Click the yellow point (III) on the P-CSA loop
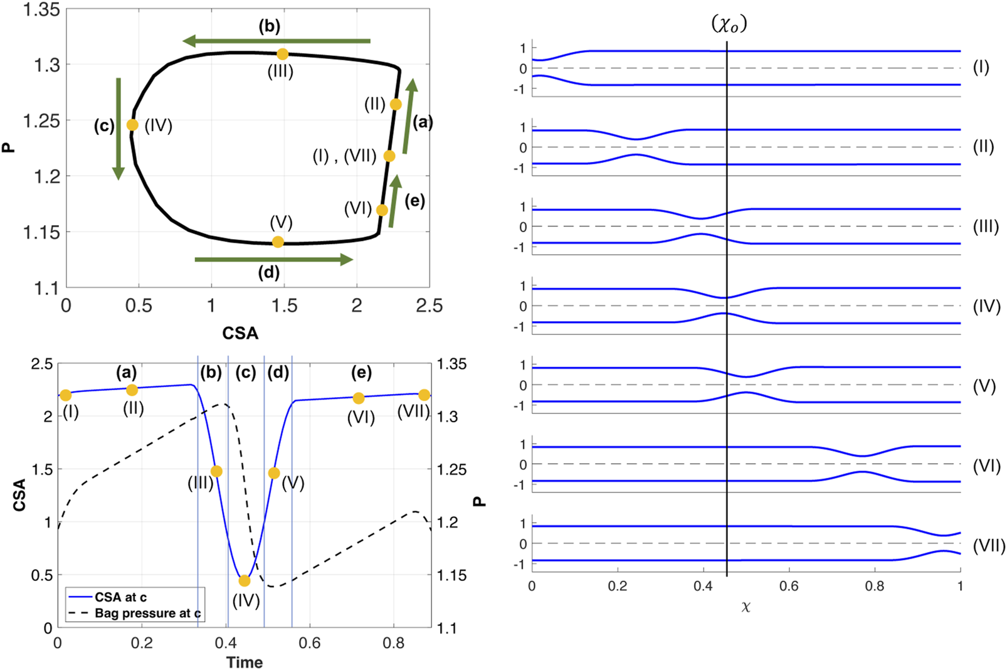click(x=283, y=55)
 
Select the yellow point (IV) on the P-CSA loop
click(x=132, y=125)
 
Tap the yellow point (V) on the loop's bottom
click(x=278, y=242)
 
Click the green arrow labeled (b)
click(x=277, y=41)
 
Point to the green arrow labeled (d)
click(x=274, y=260)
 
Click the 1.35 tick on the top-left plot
click(x=41, y=10)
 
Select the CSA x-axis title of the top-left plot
click(x=240, y=333)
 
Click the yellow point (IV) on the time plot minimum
click(x=245, y=581)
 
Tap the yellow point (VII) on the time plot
click(x=424, y=395)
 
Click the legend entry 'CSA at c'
click(x=120, y=597)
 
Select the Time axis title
click(x=245, y=662)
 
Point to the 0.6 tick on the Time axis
click(x=309, y=644)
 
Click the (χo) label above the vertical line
click(x=729, y=24)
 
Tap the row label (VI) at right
click(x=986, y=466)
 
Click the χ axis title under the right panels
click(x=746, y=607)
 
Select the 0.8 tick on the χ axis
click(x=875, y=587)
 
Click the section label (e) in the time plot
click(x=361, y=373)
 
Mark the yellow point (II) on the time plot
click(x=132, y=390)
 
